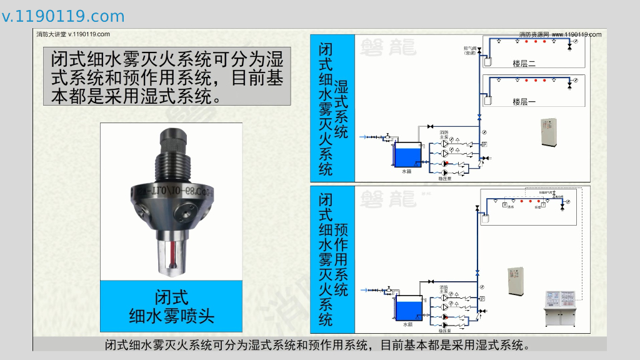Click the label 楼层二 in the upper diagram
tap(524, 63)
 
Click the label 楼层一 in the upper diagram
tap(524, 101)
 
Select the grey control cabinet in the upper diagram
tap(548, 132)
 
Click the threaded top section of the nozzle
tap(171, 157)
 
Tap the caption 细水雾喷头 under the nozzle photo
tap(171, 316)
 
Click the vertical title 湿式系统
tap(341, 109)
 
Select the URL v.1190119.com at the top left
tap(63, 16)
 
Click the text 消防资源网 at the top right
tap(534, 34)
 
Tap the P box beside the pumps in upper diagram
tap(484, 144)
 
